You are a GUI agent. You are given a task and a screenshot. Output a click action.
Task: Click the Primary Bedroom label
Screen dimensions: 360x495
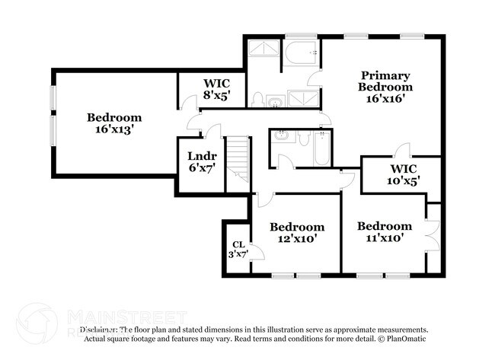[385, 86]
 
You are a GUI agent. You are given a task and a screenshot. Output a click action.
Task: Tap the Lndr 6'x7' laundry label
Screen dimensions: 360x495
[202, 162]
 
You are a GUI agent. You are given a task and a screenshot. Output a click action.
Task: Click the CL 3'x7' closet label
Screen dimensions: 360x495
[238, 249]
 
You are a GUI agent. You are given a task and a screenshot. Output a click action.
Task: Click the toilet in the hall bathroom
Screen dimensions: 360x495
[302, 139]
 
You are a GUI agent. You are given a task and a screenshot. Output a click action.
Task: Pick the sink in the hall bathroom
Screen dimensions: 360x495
[282, 136]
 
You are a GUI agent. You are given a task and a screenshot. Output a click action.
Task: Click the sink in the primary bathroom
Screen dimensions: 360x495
[275, 100]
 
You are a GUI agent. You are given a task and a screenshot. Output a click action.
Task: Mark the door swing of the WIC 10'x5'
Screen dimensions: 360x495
[405, 150]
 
